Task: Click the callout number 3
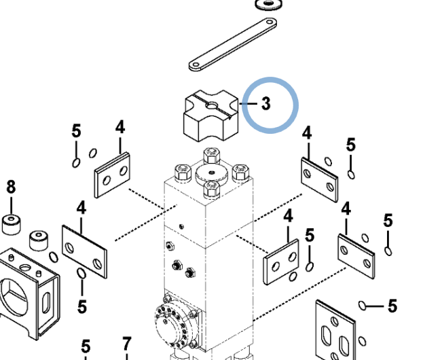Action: [265, 103]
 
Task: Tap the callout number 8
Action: [11, 187]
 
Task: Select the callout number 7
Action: [126, 345]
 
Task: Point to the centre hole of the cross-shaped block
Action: [213, 106]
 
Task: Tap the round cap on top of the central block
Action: [211, 174]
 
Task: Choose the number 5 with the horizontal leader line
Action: [392, 306]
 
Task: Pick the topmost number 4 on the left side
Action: [120, 127]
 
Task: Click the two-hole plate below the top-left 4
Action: [112, 175]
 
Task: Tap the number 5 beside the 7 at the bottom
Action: [86, 347]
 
